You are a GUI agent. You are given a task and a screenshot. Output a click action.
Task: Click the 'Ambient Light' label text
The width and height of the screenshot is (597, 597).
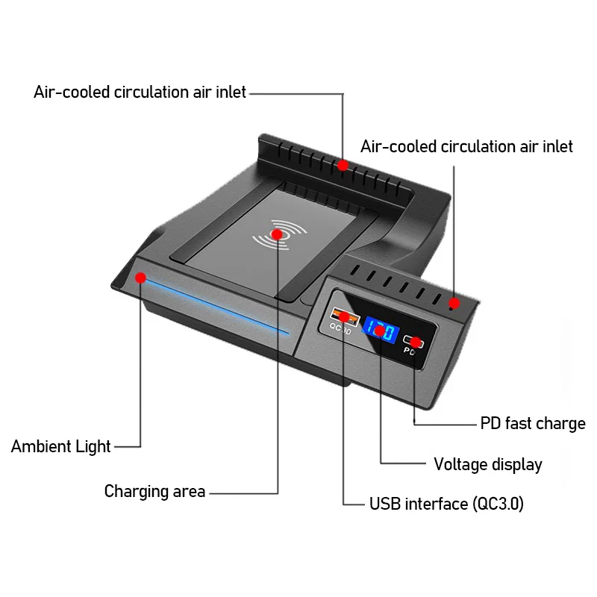[x=60, y=446]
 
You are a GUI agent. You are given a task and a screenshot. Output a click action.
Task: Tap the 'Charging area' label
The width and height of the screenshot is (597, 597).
[x=154, y=491]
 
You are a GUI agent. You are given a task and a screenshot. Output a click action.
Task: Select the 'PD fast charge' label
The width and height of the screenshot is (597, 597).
[x=532, y=424]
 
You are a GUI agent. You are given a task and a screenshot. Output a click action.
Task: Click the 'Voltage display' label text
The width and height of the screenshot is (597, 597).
[x=487, y=464]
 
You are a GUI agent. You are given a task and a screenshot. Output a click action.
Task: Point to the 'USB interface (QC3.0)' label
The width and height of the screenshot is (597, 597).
[x=446, y=504]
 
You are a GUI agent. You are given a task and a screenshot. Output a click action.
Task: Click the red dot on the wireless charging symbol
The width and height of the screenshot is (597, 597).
[x=278, y=234]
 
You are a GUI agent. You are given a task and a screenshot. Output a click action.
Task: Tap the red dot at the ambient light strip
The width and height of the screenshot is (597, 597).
[x=140, y=278]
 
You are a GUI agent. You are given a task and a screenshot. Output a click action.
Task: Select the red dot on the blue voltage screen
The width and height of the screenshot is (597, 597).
[x=379, y=330]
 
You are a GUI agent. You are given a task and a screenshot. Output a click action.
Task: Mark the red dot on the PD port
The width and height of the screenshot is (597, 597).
[x=415, y=343]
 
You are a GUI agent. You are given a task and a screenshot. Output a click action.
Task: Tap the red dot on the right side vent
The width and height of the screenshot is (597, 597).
[x=454, y=303]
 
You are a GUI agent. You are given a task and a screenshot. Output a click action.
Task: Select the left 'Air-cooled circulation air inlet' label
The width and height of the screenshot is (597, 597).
[x=140, y=93]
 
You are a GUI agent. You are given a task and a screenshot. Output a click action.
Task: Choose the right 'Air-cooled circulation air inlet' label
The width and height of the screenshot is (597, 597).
[x=466, y=146]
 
